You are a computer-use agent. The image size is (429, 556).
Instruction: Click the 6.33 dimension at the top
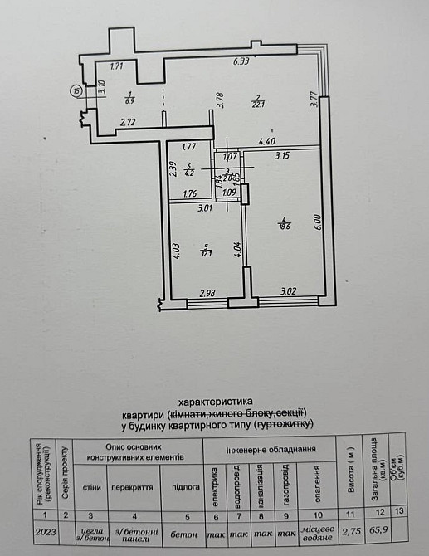(242, 61)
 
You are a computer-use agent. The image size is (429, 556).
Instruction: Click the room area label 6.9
(129, 100)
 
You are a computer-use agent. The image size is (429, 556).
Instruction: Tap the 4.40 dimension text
(266, 141)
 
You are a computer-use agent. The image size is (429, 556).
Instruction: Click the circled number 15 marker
(76, 92)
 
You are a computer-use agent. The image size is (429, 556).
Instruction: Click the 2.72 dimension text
(128, 124)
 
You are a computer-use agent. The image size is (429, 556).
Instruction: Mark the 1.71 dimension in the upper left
(117, 66)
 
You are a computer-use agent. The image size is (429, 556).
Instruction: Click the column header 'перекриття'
(134, 490)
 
